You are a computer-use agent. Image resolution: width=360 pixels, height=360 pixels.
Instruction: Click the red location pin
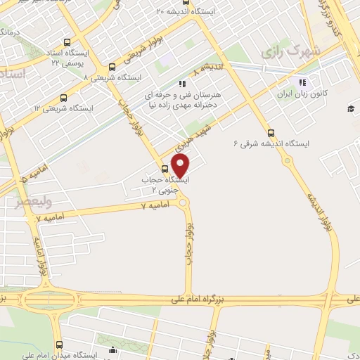[x=181, y=166]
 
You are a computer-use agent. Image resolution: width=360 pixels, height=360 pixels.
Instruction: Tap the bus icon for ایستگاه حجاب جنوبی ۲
[x=165, y=169]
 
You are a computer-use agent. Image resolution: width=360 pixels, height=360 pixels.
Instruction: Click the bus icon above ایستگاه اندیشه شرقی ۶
[x=271, y=133]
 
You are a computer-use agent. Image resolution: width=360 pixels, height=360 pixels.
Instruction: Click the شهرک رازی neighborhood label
[x=290, y=51]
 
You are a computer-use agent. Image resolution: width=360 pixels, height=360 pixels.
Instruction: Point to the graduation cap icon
[x=349, y=108]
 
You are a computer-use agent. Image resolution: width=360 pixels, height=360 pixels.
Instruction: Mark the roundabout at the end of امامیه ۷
[x=184, y=202]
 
